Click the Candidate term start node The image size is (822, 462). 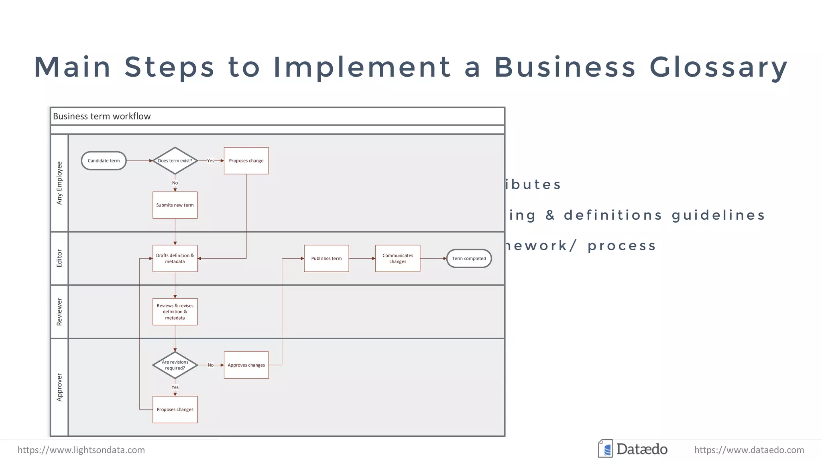click(x=104, y=161)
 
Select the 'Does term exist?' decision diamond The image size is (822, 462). click(x=175, y=161)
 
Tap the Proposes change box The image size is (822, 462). click(x=246, y=161)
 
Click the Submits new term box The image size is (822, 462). click(x=175, y=205)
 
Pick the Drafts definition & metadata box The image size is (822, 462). click(x=175, y=258)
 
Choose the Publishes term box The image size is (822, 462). click(x=326, y=258)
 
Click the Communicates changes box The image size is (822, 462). click(x=397, y=258)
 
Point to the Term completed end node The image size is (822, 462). click(x=469, y=258)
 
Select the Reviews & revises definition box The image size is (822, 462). click(x=175, y=312)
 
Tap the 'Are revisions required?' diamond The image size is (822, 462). click(x=175, y=365)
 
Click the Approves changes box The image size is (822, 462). click(x=246, y=365)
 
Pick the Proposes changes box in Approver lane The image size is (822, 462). click(x=175, y=409)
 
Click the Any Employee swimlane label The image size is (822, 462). click(x=59, y=183)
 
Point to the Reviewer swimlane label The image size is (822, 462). click(x=59, y=312)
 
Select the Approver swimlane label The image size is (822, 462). click(x=59, y=387)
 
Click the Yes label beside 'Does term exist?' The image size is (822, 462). click(x=211, y=161)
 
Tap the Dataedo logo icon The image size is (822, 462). click(x=605, y=449)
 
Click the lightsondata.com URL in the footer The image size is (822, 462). click(x=81, y=450)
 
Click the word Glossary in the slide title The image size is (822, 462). click(x=718, y=67)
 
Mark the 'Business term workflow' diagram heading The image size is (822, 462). click(x=102, y=116)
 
